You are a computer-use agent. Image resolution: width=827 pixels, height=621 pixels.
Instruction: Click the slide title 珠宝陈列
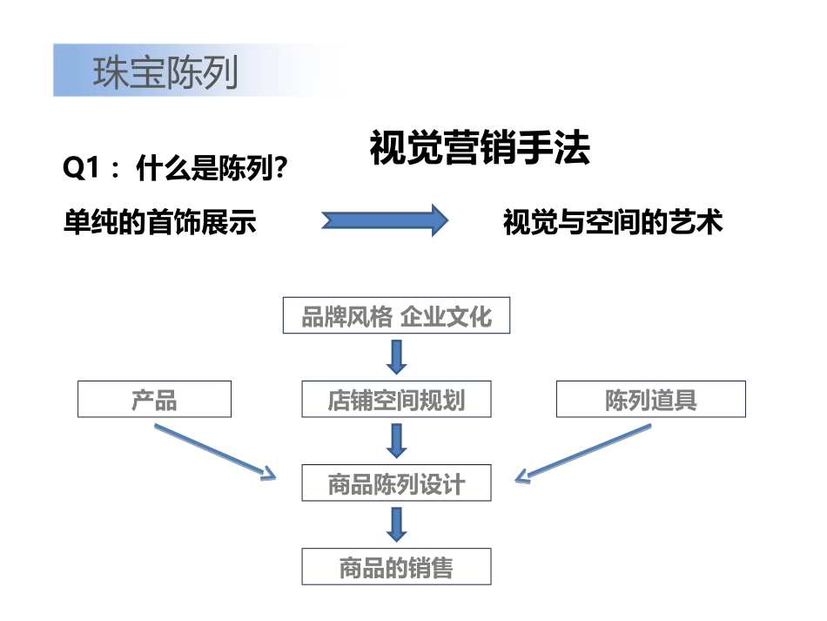(165, 72)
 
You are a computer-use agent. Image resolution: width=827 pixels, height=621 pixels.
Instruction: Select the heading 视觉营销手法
(480, 148)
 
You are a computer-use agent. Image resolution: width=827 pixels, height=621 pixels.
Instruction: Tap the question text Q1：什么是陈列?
(176, 171)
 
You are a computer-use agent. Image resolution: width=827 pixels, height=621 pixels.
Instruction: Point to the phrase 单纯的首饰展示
(160, 222)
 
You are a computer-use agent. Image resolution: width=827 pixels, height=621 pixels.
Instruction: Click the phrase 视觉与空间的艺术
(613, 222)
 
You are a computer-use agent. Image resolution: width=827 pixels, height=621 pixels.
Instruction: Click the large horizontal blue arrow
(384, 221)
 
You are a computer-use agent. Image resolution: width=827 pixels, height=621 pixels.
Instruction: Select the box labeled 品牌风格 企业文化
(396, 315)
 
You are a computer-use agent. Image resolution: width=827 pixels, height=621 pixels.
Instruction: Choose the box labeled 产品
(154, 399)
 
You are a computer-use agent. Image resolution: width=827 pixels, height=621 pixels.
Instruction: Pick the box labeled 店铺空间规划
(396, 399)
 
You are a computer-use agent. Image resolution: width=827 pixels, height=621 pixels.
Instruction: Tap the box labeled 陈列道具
(650, 399)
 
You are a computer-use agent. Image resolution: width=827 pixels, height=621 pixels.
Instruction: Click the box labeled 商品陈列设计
(396, 483)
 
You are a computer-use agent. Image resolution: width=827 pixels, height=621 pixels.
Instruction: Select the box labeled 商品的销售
(396, 567)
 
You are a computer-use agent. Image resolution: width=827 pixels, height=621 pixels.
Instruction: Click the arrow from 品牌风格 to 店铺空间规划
(397, 355)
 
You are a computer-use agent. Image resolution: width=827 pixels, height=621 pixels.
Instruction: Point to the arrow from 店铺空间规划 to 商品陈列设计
(397, 441)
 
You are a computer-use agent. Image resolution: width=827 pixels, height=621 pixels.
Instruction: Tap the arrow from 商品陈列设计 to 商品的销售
(397, 524)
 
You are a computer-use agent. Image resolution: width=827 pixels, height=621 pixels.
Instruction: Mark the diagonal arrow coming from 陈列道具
(583, 452)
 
